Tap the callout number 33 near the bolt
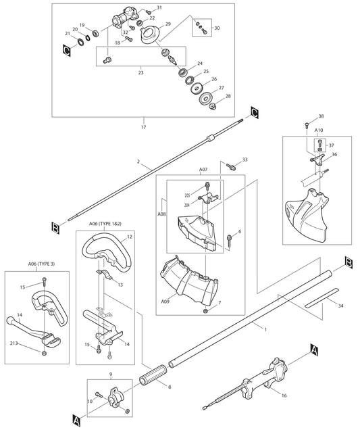[245, 160]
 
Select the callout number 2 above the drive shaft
[138, 163]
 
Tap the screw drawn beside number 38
[307, 125]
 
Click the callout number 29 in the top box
[168, 24]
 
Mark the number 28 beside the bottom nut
[228, 97]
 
